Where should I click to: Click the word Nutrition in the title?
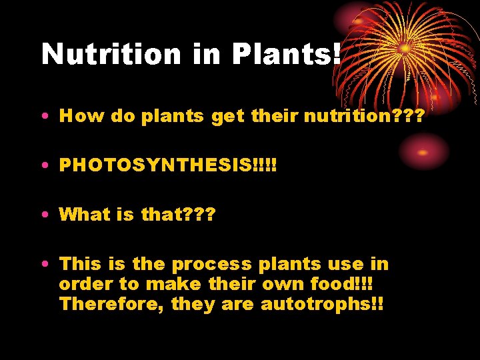[x=111, y=54]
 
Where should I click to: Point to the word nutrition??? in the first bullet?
[x=365, y=116]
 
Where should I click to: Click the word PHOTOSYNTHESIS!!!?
[x=167, y=165]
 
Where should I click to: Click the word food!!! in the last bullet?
[x=341, y=284]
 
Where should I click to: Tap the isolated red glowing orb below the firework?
[x=422, y=152]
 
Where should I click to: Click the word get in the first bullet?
[x=228, y=117]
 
